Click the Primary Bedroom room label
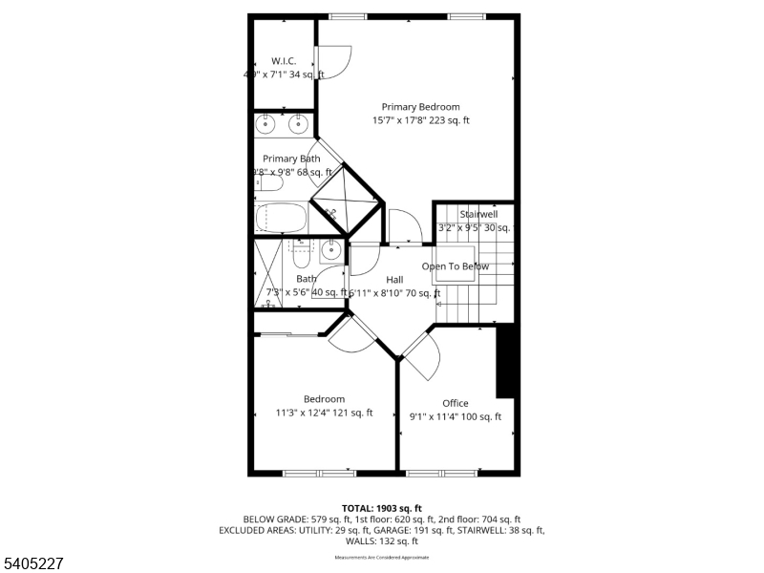tap(420, 107)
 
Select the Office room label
tap(456, 403)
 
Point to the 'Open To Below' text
tap(456, 266)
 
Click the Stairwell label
tap(478, 215)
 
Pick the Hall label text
tap(394, 280)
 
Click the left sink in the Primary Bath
tap(267, 123)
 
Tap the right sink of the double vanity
tap(298, 123)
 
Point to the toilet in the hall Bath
tap(300, 255)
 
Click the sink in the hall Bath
tap(329, 251)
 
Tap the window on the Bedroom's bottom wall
tap(319, 472)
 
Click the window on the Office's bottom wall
tap(441, 472)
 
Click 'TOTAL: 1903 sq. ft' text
tap(382, 508)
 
